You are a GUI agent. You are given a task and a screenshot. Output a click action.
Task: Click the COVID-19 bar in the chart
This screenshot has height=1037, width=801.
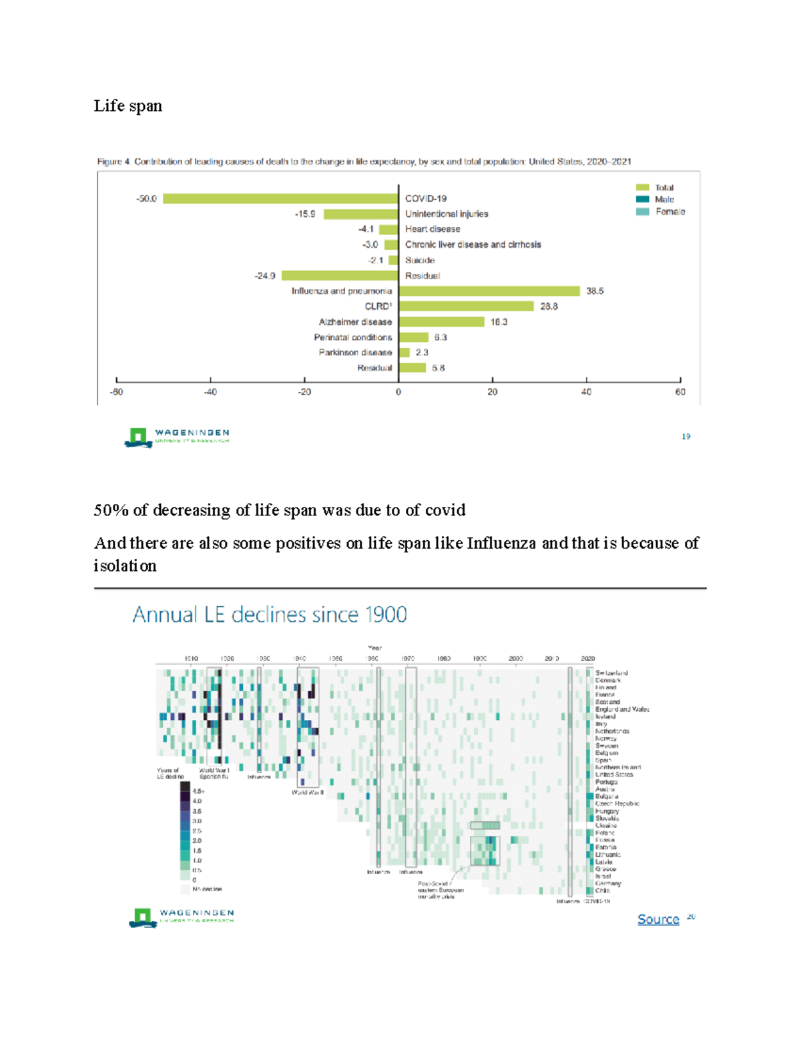(280, 198)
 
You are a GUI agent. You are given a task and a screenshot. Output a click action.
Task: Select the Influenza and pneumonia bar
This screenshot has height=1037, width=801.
(489, 291)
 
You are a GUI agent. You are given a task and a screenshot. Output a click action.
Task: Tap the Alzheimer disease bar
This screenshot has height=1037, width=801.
(441, 322)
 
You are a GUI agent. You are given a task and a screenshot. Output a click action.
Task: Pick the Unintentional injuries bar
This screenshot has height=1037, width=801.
(360, 214)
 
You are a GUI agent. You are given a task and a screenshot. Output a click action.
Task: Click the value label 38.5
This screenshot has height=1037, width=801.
(595, 291)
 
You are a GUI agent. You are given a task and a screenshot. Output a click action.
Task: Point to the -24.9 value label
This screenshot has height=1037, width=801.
(265, 276)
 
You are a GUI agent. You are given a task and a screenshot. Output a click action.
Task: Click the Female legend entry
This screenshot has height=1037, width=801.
(670, 212)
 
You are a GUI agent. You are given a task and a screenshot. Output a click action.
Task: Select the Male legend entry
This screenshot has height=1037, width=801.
(664, 200)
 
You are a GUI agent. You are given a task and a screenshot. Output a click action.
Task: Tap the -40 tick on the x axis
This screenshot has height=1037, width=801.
(210, 392)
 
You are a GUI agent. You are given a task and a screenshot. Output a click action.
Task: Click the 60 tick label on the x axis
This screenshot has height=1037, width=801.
(680, 392)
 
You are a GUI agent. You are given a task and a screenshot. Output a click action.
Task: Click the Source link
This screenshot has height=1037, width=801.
(658, 919)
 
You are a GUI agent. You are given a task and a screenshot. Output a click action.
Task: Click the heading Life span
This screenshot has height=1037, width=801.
(128, 106)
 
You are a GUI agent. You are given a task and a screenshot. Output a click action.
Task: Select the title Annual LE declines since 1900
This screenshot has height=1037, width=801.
(270, 614)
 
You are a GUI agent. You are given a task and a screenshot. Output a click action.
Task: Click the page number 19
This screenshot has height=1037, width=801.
(686, 437)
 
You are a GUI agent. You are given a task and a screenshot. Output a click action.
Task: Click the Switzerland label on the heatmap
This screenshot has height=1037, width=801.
(611, 673)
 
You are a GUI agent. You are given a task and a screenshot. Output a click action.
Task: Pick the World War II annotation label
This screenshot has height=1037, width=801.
(308, 793)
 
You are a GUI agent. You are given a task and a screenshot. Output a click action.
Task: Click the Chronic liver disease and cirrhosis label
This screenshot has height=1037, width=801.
(473, 244)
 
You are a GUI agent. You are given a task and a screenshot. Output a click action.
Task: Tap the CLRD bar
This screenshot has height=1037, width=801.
(466, 306)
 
